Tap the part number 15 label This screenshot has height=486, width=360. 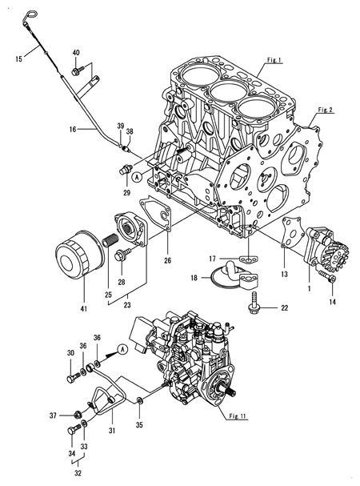[x=18, y=58]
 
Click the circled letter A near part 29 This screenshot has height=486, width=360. [x=137, y=176]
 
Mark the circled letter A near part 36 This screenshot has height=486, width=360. [x=120, y=349]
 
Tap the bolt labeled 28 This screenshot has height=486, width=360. [x=120, y=258]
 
